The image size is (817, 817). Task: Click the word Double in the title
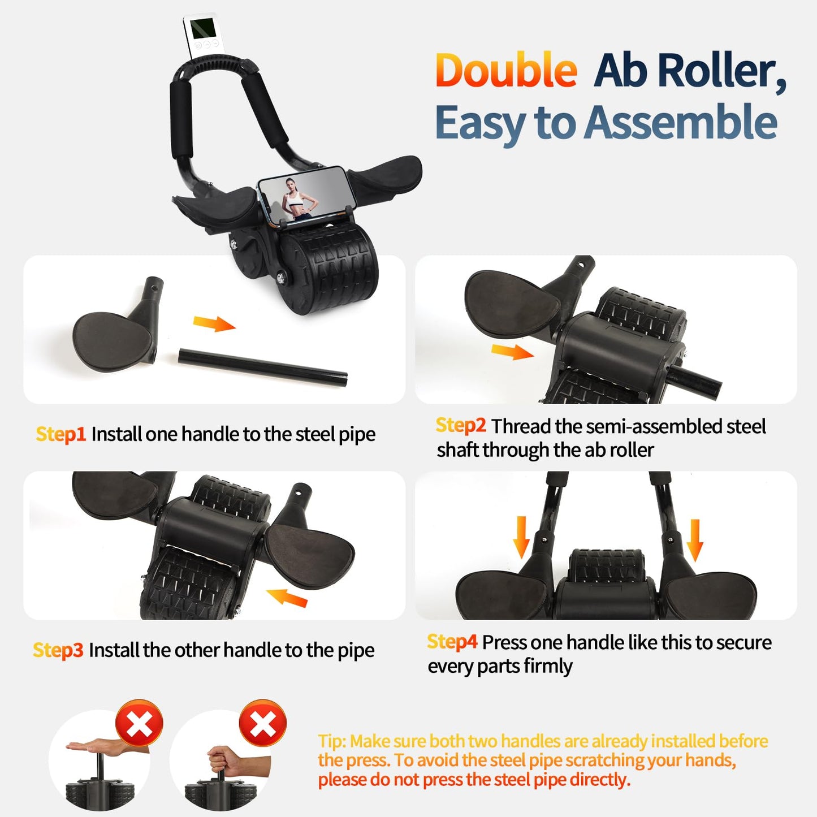(506, 71)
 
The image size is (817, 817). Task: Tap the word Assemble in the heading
(681, 123)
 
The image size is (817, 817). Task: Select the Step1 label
(60, 434)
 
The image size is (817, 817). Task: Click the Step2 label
(460, 425)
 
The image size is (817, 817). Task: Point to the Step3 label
(58, 650)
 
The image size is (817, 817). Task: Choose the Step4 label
(452, 642)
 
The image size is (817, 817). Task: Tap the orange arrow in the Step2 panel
(512, 352)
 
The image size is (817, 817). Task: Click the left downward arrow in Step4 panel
(521, 538)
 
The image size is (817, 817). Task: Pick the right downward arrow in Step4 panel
(695, 540)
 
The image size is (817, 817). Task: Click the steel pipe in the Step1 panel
(263, 368)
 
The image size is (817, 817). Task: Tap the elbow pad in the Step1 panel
(112, 343)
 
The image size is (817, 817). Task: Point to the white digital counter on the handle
(200, 36)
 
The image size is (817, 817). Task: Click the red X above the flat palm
(139, 724)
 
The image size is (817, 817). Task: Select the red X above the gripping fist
(263, 723)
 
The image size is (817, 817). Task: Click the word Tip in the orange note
(331, 741)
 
